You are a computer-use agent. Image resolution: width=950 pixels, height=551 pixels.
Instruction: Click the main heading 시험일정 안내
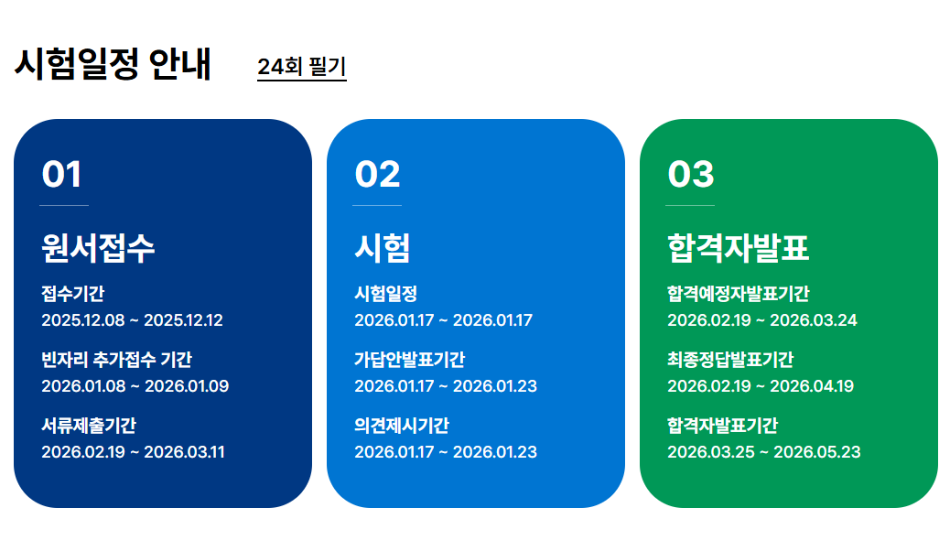113,64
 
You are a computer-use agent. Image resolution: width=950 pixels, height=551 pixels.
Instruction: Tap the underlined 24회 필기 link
302,67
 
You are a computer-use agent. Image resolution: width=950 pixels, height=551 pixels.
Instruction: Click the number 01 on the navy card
61,175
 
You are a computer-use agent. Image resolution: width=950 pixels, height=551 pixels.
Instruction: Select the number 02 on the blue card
377,175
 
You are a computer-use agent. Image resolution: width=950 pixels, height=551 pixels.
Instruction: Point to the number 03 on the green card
691,175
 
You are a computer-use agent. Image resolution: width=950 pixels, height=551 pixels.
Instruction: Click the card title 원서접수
98,248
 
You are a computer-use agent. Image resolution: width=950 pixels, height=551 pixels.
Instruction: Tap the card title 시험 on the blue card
383,248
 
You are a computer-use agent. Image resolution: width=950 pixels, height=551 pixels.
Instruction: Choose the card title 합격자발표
739,248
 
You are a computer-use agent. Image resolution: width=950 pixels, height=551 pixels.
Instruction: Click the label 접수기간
72,294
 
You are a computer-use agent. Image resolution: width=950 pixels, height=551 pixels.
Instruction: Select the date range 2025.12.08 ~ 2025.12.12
132,320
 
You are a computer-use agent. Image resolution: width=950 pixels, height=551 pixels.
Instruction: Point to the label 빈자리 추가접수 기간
116,360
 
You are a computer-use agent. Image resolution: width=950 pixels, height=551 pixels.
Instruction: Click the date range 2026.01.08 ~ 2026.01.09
135,386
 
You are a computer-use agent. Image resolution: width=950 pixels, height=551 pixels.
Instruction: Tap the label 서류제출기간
89,426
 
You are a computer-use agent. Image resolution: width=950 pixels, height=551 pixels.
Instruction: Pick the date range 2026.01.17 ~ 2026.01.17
444,320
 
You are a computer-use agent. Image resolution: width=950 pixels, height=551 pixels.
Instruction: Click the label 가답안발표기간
410,360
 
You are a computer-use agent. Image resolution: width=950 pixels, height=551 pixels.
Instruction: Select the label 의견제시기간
402,426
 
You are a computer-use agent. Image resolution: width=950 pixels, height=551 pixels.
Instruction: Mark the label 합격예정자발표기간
739,294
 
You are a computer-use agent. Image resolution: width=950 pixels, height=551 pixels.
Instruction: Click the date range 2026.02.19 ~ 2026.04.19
761,386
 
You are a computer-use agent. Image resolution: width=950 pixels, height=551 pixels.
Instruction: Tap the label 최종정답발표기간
730,360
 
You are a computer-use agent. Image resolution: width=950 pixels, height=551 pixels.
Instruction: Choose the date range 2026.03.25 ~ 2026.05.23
764,452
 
